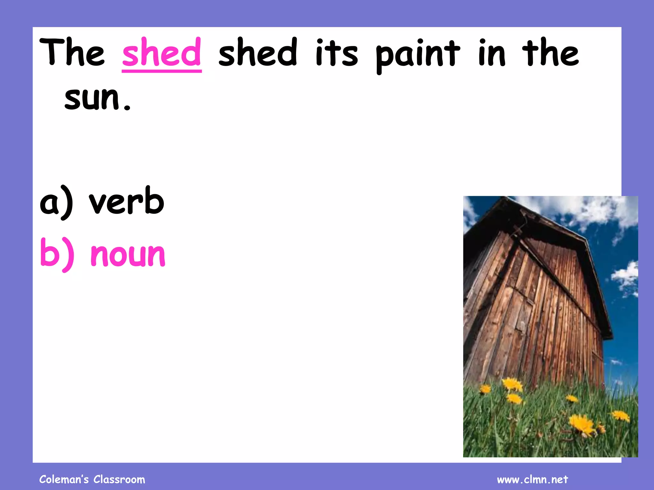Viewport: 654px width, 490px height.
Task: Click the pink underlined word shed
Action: [162, 53]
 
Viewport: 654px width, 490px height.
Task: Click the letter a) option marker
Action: [56, 203]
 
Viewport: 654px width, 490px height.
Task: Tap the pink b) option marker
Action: [57, 255]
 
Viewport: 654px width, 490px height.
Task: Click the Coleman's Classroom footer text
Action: [92, 479]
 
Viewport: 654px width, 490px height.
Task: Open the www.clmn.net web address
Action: [532, 479]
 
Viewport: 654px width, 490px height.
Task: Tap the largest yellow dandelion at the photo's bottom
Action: [582, 424]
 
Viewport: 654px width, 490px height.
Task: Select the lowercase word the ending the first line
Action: [551, 53]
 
